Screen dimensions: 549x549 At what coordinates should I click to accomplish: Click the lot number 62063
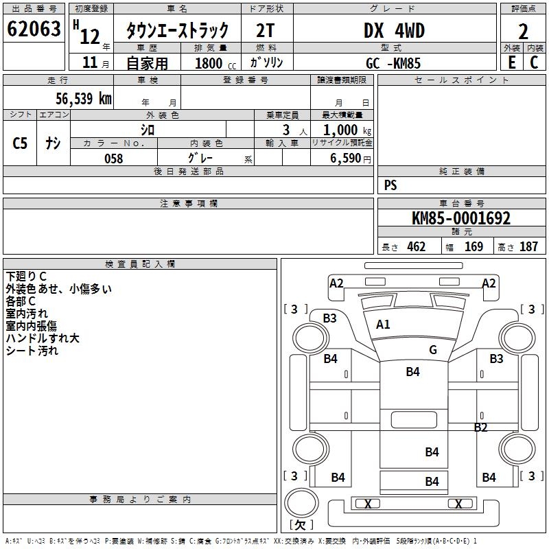pyautogui.click(x=33, y=30)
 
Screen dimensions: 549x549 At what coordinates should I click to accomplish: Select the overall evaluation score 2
pyautogui.click(x=524, y=32)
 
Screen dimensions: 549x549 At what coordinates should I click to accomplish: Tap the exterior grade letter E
pyautogui.click(x=511, y=62)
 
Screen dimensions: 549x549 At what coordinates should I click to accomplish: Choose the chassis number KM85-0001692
pyautogui.click(x=461, y=219)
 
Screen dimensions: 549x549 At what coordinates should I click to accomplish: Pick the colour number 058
pyautogui.click(x=113, y=159)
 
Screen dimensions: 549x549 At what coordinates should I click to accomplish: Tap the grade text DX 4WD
pyautogui.click(x=393, y=31)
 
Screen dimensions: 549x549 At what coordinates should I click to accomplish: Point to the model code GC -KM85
pyautogui.click(x=393, y=63)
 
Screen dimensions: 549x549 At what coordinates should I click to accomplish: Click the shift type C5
pyautogui.click(x=21, y=143)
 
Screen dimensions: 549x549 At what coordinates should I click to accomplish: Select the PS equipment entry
pyautogui.click(x=390, y=185)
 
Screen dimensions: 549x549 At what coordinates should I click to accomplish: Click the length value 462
pyautogui.click(x=417, y=247)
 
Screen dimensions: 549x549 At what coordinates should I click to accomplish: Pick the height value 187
pyautogui.click(x=529, y=247)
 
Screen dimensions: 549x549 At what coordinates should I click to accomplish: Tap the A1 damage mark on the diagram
pyautogui.click(x=383, y=325)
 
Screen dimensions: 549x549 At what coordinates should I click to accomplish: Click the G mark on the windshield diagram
pyautogui.click(x=433, y=350)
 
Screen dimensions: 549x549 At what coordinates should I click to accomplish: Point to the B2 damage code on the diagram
pyautogui.click(x=480, y=428)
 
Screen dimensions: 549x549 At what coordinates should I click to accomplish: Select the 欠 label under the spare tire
pyautogui.click(x=301, y=525)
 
